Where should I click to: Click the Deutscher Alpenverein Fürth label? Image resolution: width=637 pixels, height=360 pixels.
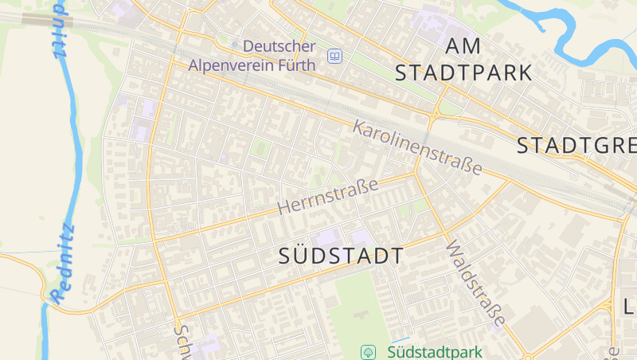click(252, 56)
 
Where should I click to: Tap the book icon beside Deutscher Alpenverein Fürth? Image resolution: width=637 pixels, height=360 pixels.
click(334, 56)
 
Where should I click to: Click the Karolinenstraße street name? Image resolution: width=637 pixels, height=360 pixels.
click(418, 147)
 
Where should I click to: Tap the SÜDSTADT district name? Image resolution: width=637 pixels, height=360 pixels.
click(342, 256)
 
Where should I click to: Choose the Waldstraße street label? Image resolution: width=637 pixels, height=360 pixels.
click(475, 284)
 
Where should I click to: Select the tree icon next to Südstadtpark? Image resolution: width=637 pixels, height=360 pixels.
click(369, 351)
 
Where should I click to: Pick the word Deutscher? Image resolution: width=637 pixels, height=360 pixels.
click(279, 47)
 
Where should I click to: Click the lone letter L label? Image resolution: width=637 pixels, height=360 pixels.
click(628, 306)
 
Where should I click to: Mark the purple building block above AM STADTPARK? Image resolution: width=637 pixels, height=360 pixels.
click(436, 19)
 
